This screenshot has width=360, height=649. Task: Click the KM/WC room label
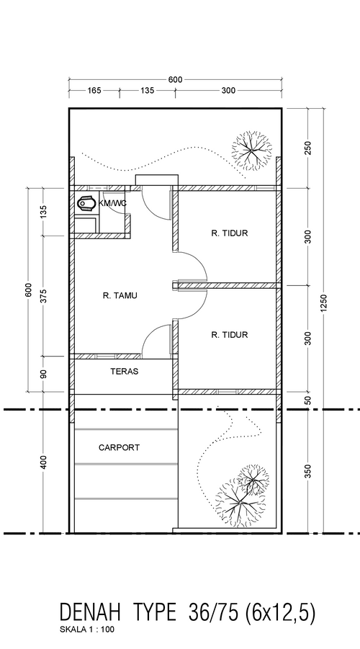[x=112, y=204]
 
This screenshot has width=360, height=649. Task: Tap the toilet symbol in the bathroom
[x=86, y=205]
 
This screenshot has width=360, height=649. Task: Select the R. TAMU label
[x=120, y=295]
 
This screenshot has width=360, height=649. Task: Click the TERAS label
[x=124, y=371]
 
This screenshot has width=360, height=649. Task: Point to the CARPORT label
[x=120, y=447]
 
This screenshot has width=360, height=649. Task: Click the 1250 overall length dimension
[x=323, y=303]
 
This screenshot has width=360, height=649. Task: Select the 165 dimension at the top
[x=94, y=90]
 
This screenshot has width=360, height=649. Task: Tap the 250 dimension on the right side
[x=307, y=148]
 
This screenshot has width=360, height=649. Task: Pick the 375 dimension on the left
[x=44, y=295]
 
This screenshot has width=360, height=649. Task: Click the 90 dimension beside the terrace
[x=44, y=374]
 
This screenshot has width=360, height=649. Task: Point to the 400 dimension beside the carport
[x=44, y=462]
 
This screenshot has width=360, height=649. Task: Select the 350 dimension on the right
[x=307, y=471]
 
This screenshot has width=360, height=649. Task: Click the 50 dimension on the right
[x=307, y=400]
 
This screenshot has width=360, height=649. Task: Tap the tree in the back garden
[x=251, y=151]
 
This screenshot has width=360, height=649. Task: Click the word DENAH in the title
[x=90, y=612]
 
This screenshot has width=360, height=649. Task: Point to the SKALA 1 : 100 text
[x=87, y=630]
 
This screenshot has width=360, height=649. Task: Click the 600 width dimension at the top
[x=175, y=79]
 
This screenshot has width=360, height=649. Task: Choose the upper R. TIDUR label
[x=229, y=233]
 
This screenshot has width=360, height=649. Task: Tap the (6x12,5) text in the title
[x=281, y=613]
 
